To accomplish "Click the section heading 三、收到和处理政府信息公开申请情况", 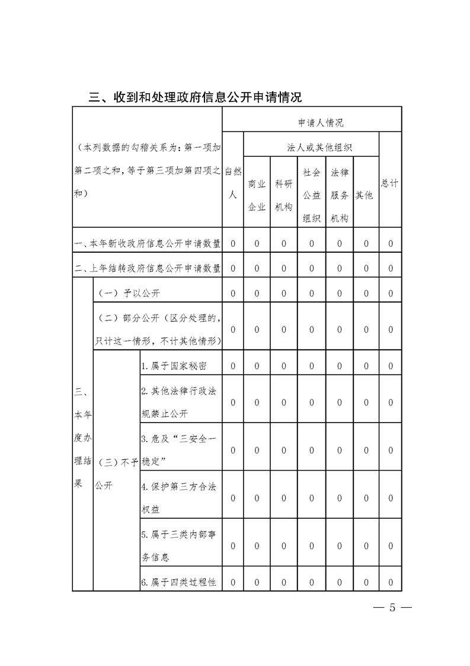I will click(195, 97).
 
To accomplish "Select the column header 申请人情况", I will click(320, 123).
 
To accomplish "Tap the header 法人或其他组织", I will click(320, 147).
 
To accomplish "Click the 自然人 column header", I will click(233, 182).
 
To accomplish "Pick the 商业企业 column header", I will click(257, 195).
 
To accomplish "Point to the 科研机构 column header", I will click(284, 195).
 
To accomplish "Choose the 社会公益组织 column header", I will click(312, 195).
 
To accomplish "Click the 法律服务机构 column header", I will click(340, 195).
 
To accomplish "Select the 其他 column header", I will click(365, 195).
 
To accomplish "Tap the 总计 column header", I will click(389, 183).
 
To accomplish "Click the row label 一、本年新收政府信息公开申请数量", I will click(148, 243).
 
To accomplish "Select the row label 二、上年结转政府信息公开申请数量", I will click(148, 268).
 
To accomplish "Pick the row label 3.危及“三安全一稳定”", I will click(178, 449).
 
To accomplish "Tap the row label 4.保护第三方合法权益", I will click(178, 498).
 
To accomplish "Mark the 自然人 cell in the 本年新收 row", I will click(233, 243).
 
